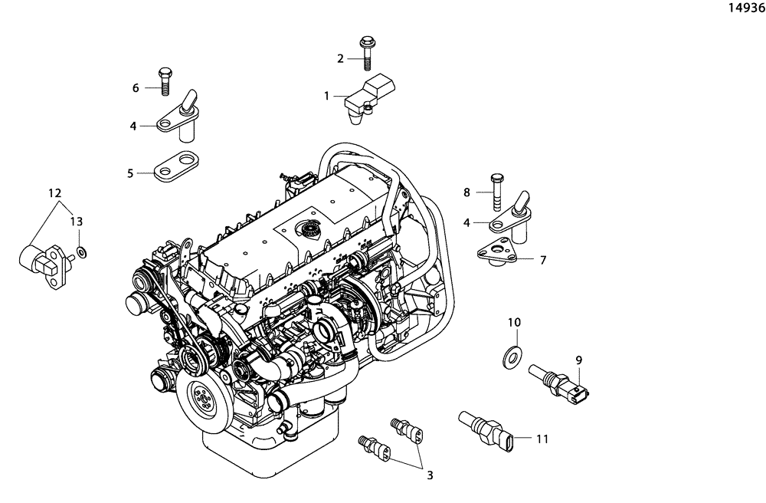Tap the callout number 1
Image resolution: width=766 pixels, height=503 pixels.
click(327, 97)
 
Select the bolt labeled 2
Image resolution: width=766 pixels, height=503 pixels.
click(365, 53)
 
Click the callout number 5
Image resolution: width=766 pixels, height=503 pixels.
click(131, 174)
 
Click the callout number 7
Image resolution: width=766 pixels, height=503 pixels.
click(542, 260)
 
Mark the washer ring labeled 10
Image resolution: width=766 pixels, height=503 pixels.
click(509, 356)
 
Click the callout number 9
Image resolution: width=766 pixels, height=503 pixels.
click(579, 359)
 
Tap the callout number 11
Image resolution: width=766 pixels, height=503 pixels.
click(542, 439)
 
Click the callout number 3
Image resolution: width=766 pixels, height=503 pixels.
click(430, 475)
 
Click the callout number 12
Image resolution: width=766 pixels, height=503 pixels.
click(55, 192)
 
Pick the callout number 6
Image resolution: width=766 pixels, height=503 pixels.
click(136, 88)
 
